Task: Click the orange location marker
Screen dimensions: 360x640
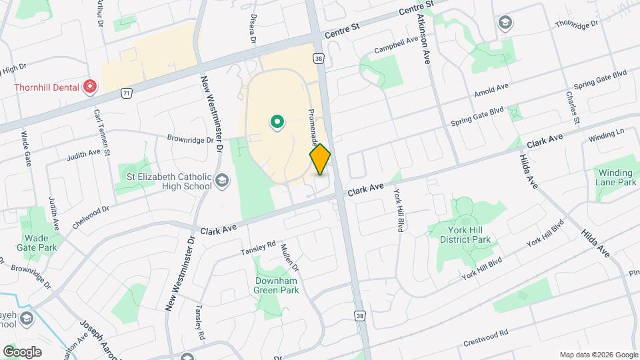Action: pyautogui.click(x=320, y=159)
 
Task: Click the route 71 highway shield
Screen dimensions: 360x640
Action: pyautogui.click(x=127, y=94)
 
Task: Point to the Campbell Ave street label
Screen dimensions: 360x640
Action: pyautogui.click(x=396, y=44)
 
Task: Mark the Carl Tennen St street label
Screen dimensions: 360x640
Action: pyautogui.click(x=100, y=127)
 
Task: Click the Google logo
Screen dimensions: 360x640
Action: pyautogui.click(x=22, y=352)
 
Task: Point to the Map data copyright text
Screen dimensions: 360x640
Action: pyautogui.click(x=598, y=355)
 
